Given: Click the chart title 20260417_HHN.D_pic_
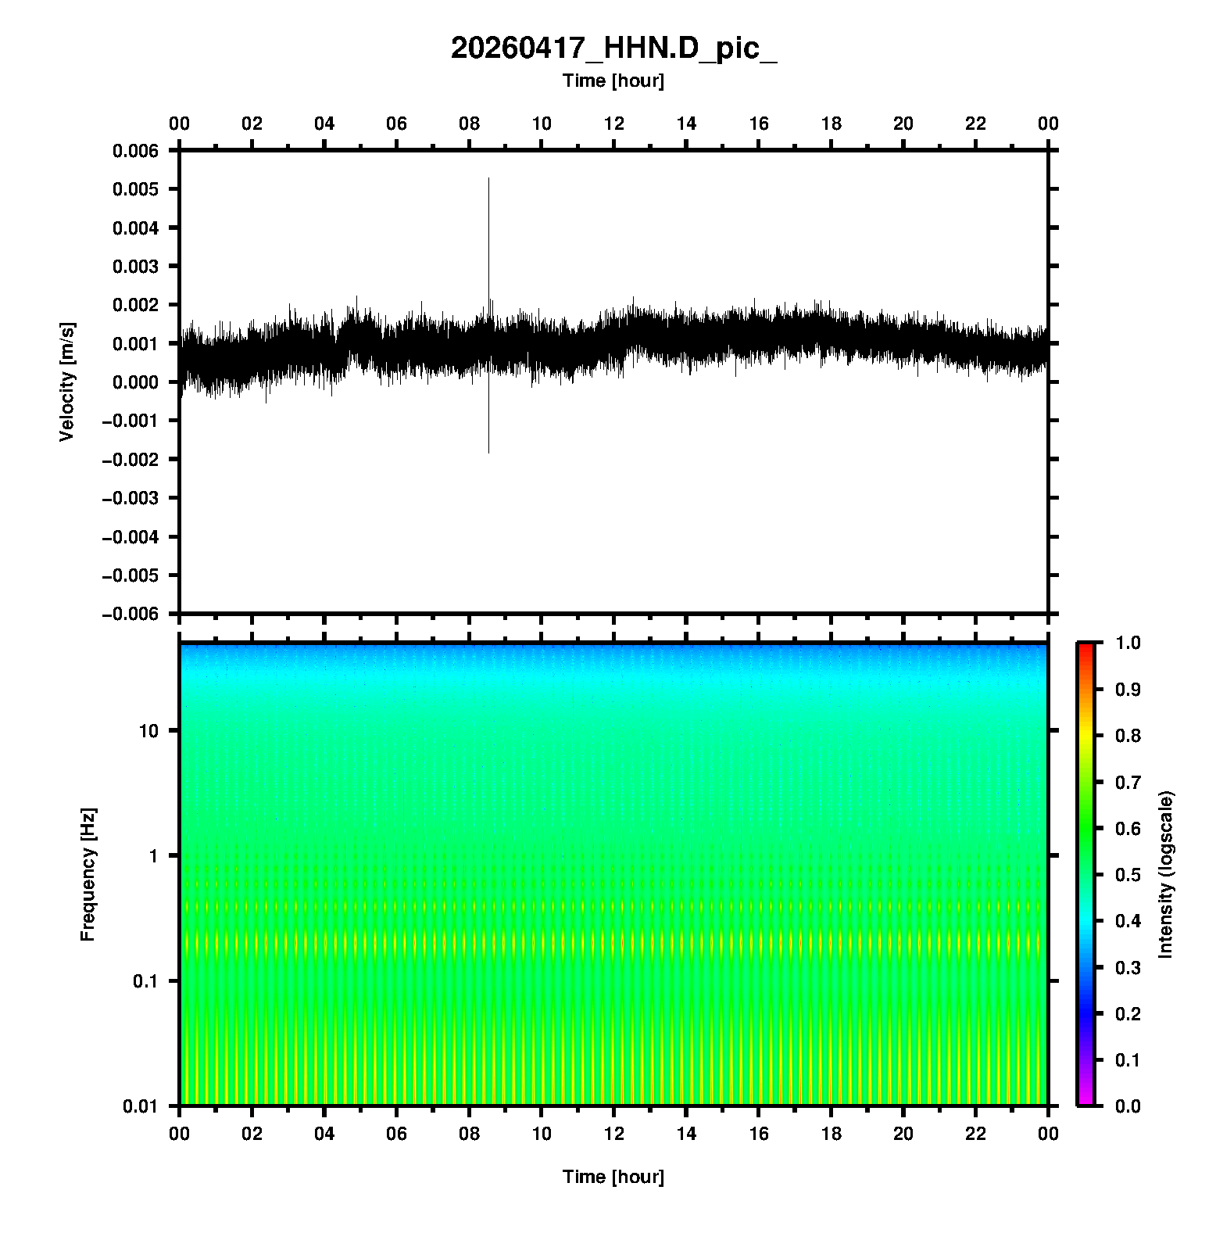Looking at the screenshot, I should coord(613,48).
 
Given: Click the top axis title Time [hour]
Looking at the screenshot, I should coord(613,81).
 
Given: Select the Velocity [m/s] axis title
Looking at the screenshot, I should coord(67,382).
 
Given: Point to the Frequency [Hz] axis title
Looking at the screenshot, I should coord(88,874).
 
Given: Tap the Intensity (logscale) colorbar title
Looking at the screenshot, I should coord(1166,874).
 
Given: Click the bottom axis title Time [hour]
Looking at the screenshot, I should coord(613,1177).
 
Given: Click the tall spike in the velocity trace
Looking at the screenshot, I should coord(489,235).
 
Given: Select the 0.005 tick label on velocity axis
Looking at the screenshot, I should coord(135,189).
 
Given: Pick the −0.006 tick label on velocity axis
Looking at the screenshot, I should coord(130,614).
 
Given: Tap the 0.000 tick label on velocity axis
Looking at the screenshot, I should coord(135,382).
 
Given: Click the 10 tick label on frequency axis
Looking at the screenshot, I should coord(148,731).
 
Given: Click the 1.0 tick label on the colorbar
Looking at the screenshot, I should coord(1125,643).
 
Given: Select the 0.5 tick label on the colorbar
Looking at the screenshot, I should coord(1125,874).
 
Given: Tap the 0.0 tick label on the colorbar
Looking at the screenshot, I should coord(1125,1106).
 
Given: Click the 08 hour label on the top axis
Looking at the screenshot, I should coord(469,124).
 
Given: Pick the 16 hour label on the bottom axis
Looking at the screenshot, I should coord(759,1134).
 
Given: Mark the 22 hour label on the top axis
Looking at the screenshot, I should coord(976,124).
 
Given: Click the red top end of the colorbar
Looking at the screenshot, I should coord(1085,647).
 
